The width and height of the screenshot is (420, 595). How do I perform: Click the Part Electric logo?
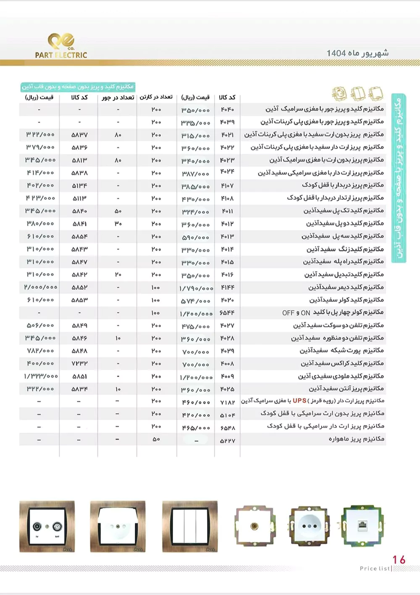[61, 46]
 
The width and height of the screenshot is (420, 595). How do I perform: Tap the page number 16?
[399, 559]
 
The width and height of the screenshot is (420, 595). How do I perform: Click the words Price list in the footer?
[375, 569]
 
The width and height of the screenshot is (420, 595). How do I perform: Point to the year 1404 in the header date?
[336, 53]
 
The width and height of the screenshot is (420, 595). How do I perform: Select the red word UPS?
[299, 401]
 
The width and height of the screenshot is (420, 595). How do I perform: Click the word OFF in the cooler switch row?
[288, 313]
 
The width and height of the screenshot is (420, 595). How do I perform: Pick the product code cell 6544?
[227, 313]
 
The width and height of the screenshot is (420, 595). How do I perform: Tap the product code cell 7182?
[227, 402]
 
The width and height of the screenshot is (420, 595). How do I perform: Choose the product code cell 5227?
[227, 441]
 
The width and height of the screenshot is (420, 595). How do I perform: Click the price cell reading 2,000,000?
[40, 288]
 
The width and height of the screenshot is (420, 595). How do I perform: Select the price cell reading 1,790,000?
[196, 288]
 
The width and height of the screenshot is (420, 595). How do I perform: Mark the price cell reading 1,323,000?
[40, 377]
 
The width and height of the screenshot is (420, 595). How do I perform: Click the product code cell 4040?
[227, 110]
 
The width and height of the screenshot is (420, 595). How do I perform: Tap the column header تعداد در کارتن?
[156, 97]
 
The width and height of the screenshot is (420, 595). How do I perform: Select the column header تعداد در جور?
[118, 98]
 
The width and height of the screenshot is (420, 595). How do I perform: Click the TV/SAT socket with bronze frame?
[47, 526]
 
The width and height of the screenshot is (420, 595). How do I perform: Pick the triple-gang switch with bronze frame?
[190, 526]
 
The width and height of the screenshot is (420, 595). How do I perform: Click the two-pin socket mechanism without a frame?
[309, 526]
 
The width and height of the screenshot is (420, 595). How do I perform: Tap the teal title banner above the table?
[78, 87]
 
